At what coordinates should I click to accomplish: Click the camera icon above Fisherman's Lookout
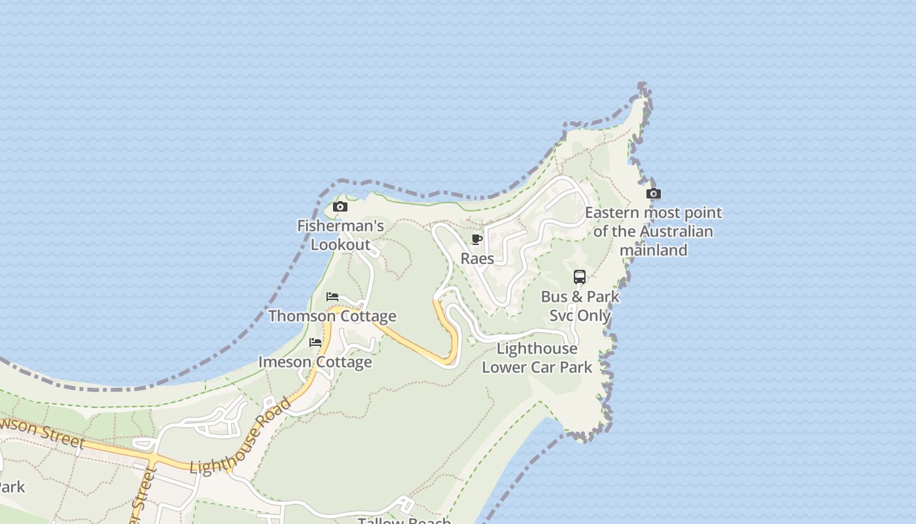[340, 207]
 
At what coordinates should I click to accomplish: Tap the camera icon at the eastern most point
[653, 194]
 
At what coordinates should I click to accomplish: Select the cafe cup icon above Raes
[477, 240]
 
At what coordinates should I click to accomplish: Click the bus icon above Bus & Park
[580, 277]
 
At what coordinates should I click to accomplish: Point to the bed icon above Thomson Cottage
[332, 297]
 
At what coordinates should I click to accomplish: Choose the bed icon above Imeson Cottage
[315, 343]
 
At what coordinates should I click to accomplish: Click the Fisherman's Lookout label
[340, 235]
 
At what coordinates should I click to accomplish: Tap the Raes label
[478, 258]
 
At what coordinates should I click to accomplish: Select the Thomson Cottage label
[332, 316]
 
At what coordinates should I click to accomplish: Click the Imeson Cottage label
[315, 362]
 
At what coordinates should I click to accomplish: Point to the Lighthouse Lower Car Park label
[537, 358]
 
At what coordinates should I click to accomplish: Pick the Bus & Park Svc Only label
[580, 306]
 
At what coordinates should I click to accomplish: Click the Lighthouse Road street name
[240, 436]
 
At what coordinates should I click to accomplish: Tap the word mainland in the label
[653, 250]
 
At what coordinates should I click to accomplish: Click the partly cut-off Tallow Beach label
[404, 521]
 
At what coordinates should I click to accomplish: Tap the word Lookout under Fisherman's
[340, 245]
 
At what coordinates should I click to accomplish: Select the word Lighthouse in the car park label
[537, 348]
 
